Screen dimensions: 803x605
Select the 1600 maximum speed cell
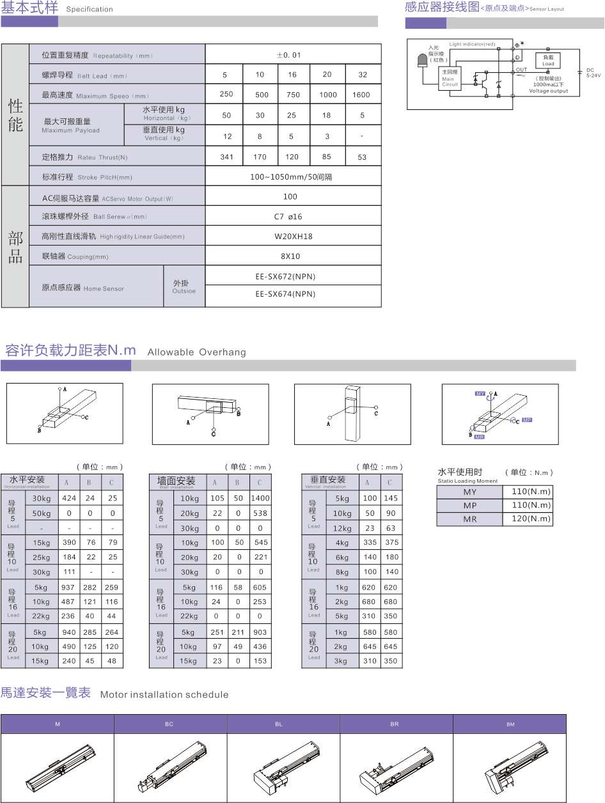[x=361, y=95]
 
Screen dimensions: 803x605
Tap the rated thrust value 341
[x=226, y=157]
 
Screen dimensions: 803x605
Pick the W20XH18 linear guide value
[x=293, y=237]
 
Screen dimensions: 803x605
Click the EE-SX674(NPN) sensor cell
[x=285, y=295]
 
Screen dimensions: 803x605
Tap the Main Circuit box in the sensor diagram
[x=450, y=79]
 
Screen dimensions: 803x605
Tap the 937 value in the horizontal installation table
[x=68, y=588]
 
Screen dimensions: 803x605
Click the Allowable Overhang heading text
[x=196, y=352]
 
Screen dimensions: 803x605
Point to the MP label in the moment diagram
[x=526, y=420]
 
